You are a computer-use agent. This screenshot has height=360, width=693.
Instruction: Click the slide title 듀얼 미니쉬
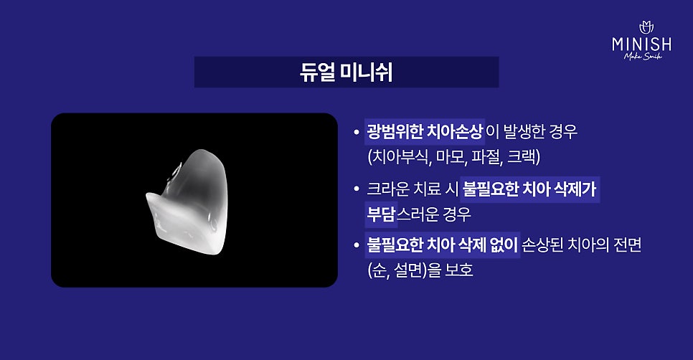coord(346,72)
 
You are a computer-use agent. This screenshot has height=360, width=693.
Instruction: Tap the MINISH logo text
coord(642,44)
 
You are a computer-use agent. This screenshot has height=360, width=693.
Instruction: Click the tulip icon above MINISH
coord(646,27)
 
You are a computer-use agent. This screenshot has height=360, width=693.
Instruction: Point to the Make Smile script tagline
coord(643,56)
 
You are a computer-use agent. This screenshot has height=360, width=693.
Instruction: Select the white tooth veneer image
coord(187,202)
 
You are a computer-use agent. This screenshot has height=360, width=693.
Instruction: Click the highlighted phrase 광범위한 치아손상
coord(424,132)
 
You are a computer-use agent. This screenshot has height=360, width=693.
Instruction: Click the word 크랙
coord(522,157)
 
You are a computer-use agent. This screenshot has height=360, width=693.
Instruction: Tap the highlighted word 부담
coord(380,214)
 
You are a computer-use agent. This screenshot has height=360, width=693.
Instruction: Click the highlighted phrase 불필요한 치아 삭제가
coord(529,189)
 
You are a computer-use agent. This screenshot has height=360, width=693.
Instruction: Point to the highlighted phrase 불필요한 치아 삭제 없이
coord(442,245)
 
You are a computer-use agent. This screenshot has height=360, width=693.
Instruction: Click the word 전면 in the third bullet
coord(627,245)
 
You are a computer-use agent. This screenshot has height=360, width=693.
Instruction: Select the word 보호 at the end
coord(458,270)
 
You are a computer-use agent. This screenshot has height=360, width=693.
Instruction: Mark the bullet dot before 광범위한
coord(357,132)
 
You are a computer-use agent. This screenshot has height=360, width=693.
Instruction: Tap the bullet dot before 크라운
coord(357,189)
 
